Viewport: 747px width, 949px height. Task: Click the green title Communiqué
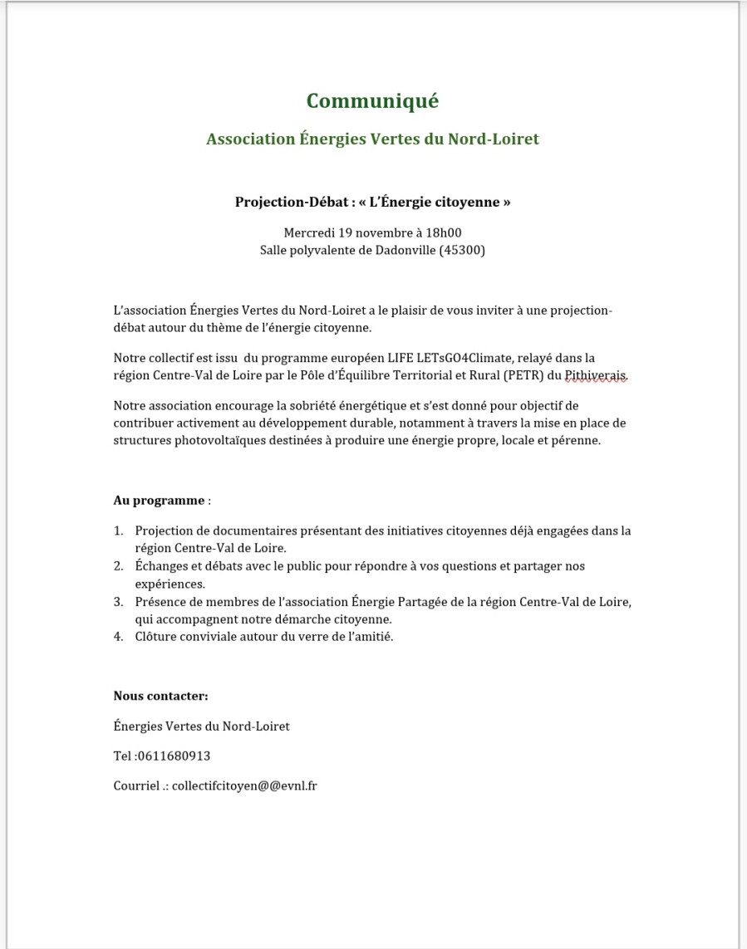372,101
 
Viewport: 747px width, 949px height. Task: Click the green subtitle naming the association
372,139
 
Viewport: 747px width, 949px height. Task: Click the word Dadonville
399,250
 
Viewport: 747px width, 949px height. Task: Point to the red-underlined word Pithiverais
596,376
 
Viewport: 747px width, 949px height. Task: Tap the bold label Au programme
159,501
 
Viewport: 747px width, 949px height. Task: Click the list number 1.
118,531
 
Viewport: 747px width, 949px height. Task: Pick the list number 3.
118,602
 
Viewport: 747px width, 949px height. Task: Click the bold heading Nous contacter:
160,696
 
